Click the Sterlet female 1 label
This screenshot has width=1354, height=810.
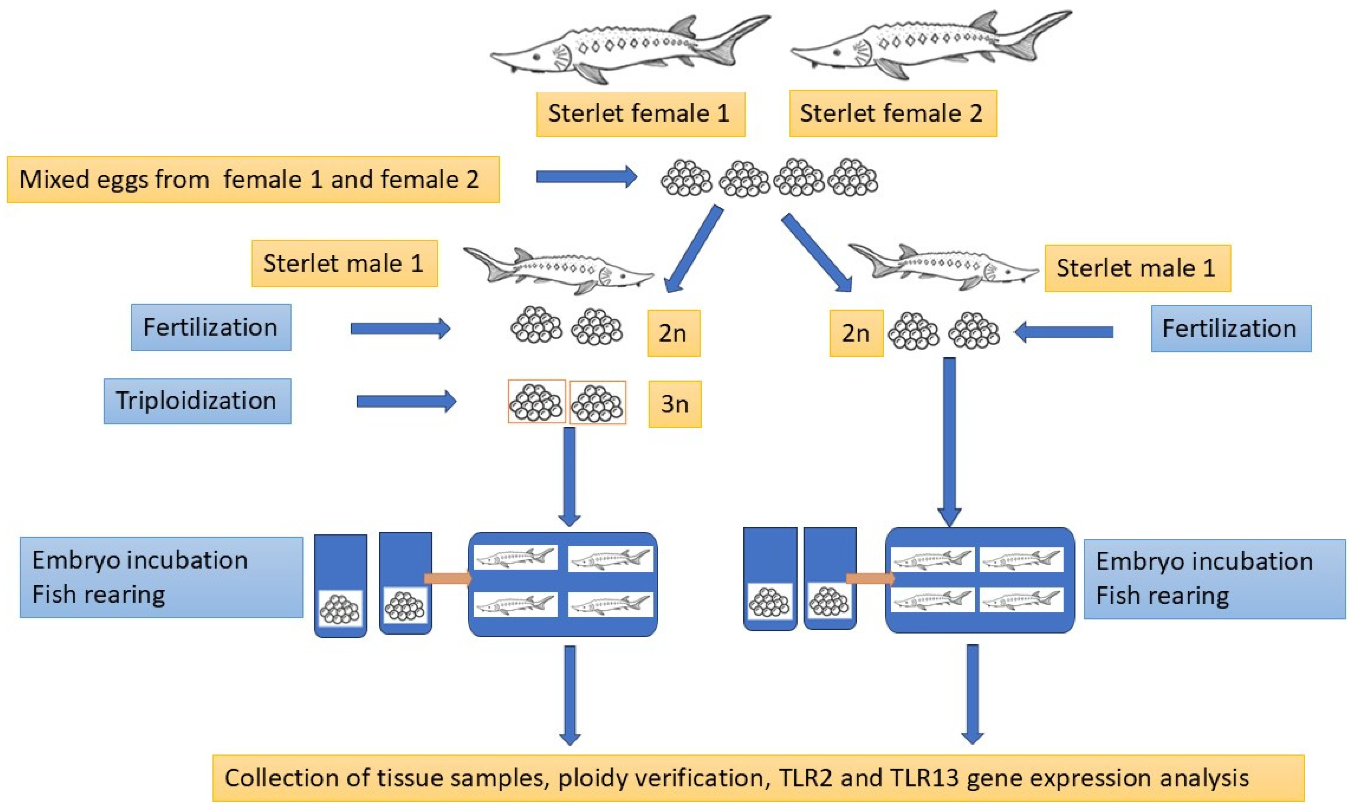click(640, 113)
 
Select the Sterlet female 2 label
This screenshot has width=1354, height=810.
click(892, 113)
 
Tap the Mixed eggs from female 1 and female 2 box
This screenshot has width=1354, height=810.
click(252, 180)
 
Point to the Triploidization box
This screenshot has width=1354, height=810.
click(197, 401)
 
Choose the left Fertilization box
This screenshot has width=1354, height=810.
click(211, 327)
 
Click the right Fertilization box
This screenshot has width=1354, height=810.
click(1230, 329)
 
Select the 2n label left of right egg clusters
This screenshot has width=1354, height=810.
click(855, 333)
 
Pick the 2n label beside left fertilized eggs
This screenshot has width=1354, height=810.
click(673, 333)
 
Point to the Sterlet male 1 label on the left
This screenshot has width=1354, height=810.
click(344, 264)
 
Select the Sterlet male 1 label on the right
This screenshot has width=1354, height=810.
click(1137, 268)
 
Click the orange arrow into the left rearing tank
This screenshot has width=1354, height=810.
click(448, 578)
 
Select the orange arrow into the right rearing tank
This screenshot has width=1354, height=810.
click(870, 578)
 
